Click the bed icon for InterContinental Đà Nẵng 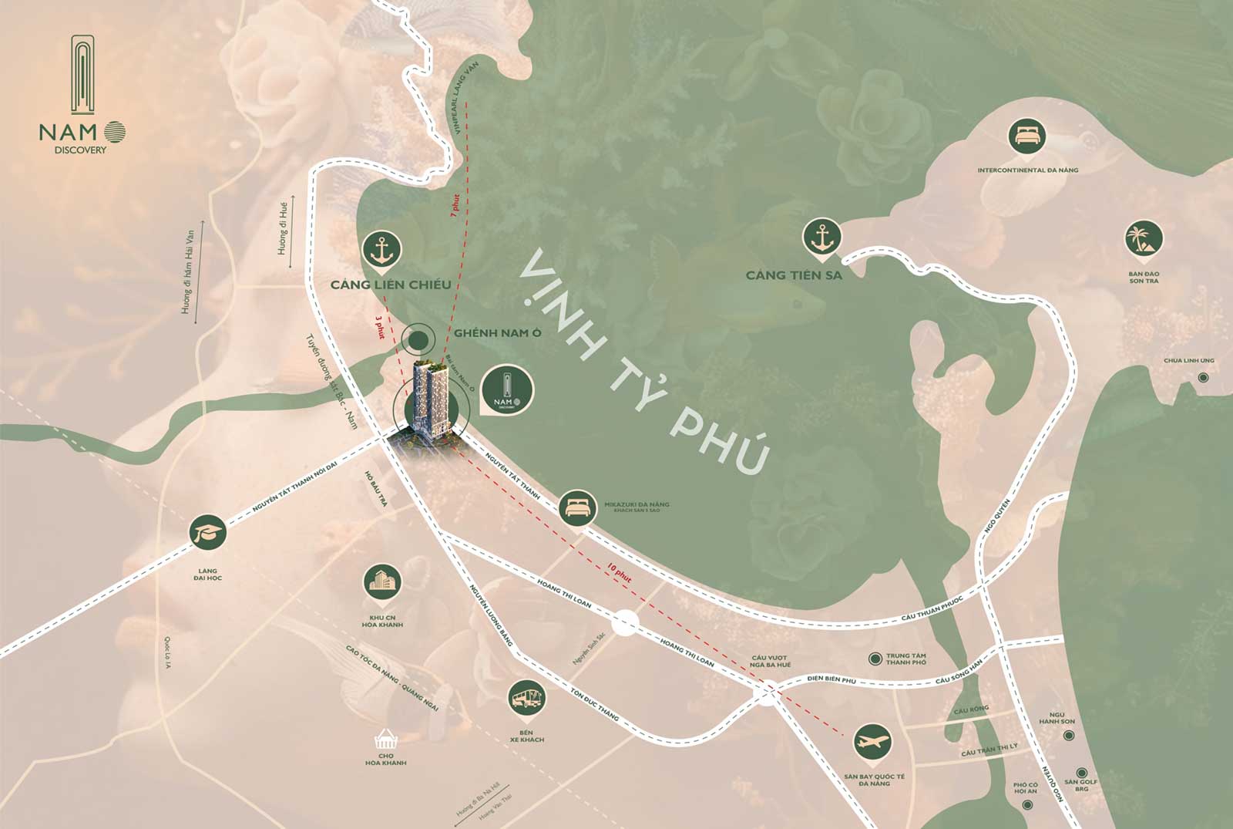pos(1027,136)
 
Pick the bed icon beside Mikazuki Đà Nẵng pos(578,507)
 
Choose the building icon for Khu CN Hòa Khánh pos(383,583)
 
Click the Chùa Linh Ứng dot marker pos(1203,378)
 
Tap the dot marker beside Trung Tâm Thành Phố pos(875,659)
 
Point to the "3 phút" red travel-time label pos(378,328)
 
